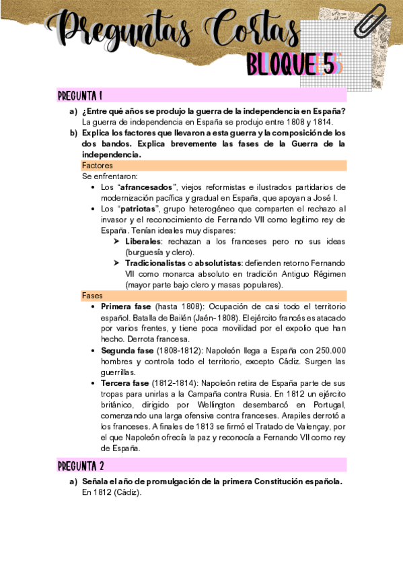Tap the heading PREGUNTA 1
pyautogui.click(x=80, y=95)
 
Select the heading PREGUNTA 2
pyautogui.click(x=80, y=465)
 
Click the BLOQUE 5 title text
pyautogui.click(x=295, y=65)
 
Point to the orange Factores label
pyautogui.click(x=98, y=165)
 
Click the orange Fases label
pyautogui.click(x=92, y=296)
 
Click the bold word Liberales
pyautogui.click(x=143, y=241)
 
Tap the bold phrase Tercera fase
pyautogui.click(x=124, y=382)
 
